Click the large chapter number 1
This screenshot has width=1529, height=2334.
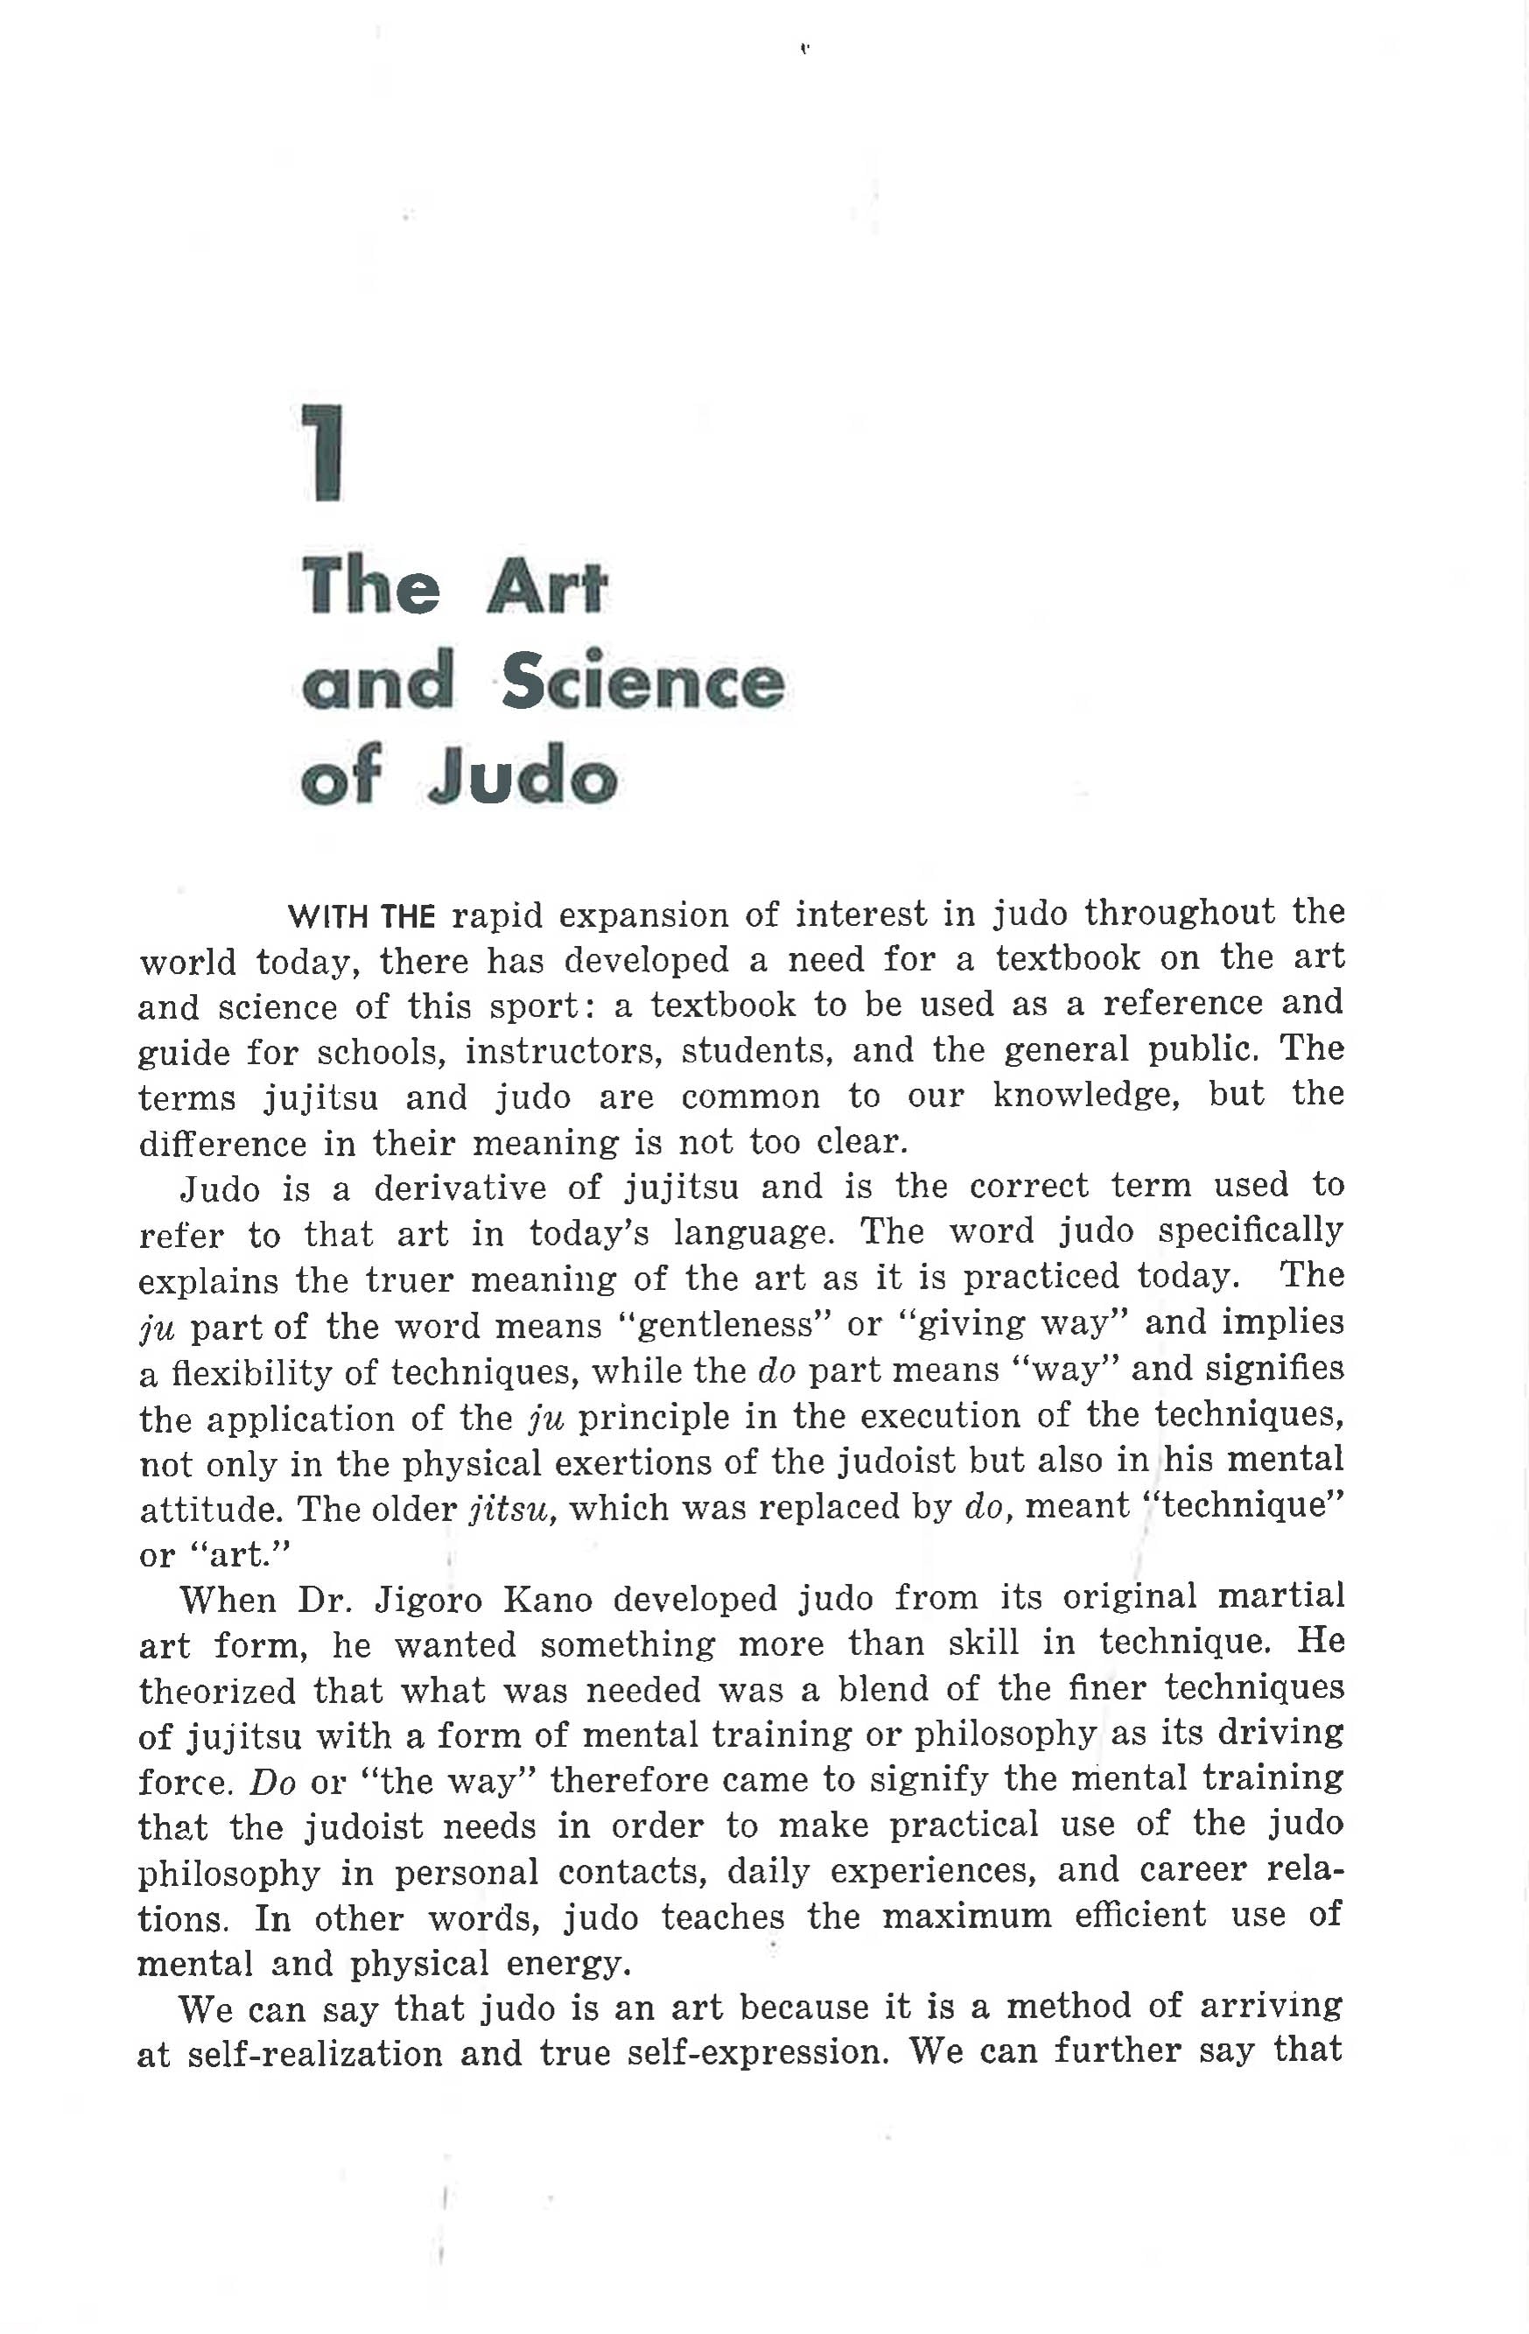pyautogui.click(x=322, y=453)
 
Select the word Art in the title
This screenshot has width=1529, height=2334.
pyautogui.click(x=546, y=587)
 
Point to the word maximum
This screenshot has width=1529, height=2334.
pyautogui.click(x=966, y=1917)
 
